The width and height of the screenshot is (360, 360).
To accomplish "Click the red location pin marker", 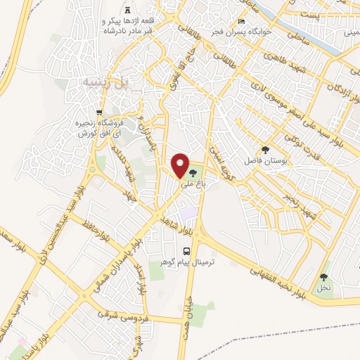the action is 181,166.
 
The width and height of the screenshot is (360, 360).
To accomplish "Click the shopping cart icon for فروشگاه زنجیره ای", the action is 99,112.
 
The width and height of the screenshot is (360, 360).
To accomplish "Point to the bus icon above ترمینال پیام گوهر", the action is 186,250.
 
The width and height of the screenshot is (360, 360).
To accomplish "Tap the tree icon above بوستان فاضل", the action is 265,150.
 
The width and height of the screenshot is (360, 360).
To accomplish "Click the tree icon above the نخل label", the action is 323,276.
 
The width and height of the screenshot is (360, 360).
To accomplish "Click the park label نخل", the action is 323,288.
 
